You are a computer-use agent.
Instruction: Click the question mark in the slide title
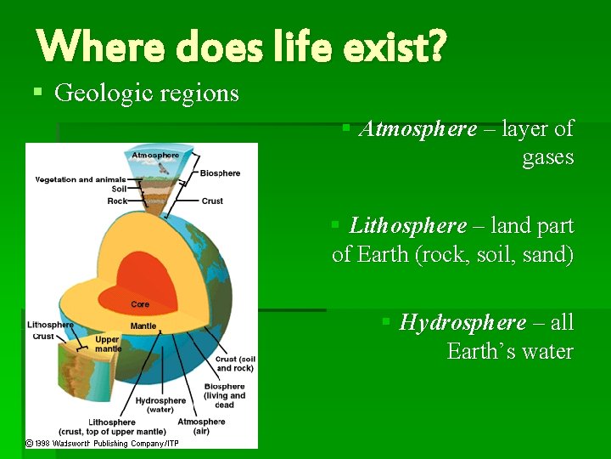coord(434,47)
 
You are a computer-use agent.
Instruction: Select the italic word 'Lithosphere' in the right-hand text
coord(407,226)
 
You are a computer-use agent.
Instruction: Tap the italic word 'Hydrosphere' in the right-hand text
coord(462,323)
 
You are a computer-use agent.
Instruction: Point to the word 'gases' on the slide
coord(548,157)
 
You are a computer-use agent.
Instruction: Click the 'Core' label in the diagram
coord(140,304)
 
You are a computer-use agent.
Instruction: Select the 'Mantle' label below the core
coord(143,326)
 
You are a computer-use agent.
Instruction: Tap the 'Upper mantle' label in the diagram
coord(108,344)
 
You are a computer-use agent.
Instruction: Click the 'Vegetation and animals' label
coord(80,179)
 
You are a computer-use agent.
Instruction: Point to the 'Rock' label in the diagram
coord(117,201)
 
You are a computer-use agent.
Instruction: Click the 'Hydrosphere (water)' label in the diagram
coord(160,405)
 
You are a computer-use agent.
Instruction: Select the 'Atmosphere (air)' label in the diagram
coord(201,427)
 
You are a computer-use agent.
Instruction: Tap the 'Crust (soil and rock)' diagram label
coord(235,364)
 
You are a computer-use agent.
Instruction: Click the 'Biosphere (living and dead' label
coord(224,396)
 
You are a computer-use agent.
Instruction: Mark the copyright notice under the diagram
coord(102,443)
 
